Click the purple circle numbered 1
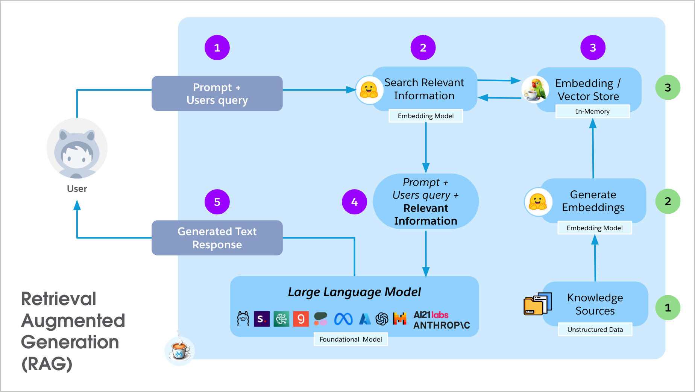pyautogui.click(x=217, y=48)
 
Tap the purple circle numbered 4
pyautogui.click(x=354, y=202)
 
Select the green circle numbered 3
pyautogui.click(x=668, y=88)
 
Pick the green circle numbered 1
pyautogui.click(x=668, y=308)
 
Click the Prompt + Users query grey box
pyautogui.click(x=217, y=94)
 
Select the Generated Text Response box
pyautogui.click(x=217, y=238)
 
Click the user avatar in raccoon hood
pyautogui.click(x=77, y=149)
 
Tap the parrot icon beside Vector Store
pyautogui.click(x=535, y=89)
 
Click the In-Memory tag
pyautogui.click(x=592, y=111)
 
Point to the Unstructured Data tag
pyautogui.click(x=595, y=330)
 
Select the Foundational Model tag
pyautogui.click(x=351, y=339)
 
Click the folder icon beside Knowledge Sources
pyautogui.click(x=537, y=304)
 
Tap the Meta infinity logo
pyautogui.click(x=343, y=319)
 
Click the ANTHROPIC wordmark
pyautogui.click(x=442, y=325)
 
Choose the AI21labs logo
pyautogui.click(x=431, y=315)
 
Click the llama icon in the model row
pyautogui.click(x=243, y=319)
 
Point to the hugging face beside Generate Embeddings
pyautogui.click(x=538, y=202)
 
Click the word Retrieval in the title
pyautogui.click(x=59, y=299)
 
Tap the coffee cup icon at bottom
pyautogui.click(x=180, y=350)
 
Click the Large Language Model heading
pyautogui.click(x=354, y=292)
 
